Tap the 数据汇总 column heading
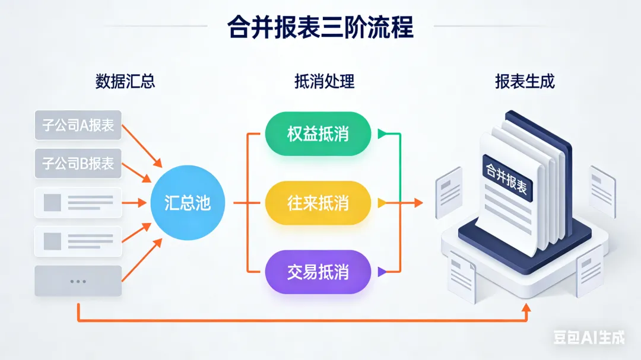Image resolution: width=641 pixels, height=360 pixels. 125,81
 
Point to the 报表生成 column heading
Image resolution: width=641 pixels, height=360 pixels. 525,81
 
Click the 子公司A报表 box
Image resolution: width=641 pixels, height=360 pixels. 78,125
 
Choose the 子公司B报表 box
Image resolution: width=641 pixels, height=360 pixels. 78,163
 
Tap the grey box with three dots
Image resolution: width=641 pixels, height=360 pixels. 78,281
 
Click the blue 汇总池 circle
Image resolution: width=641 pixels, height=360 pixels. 187,203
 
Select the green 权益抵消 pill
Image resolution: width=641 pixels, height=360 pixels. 318,134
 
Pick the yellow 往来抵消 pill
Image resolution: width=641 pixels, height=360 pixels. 318,203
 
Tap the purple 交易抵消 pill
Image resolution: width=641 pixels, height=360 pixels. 318,272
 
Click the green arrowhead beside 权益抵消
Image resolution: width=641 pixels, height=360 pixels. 382,134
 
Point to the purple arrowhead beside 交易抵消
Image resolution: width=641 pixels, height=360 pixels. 382,272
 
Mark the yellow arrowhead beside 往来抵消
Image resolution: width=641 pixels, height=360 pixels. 382,203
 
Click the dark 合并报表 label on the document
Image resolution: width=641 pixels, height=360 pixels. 507,175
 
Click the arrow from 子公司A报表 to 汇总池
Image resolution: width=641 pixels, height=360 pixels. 143,147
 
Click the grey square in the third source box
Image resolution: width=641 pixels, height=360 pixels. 52,202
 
